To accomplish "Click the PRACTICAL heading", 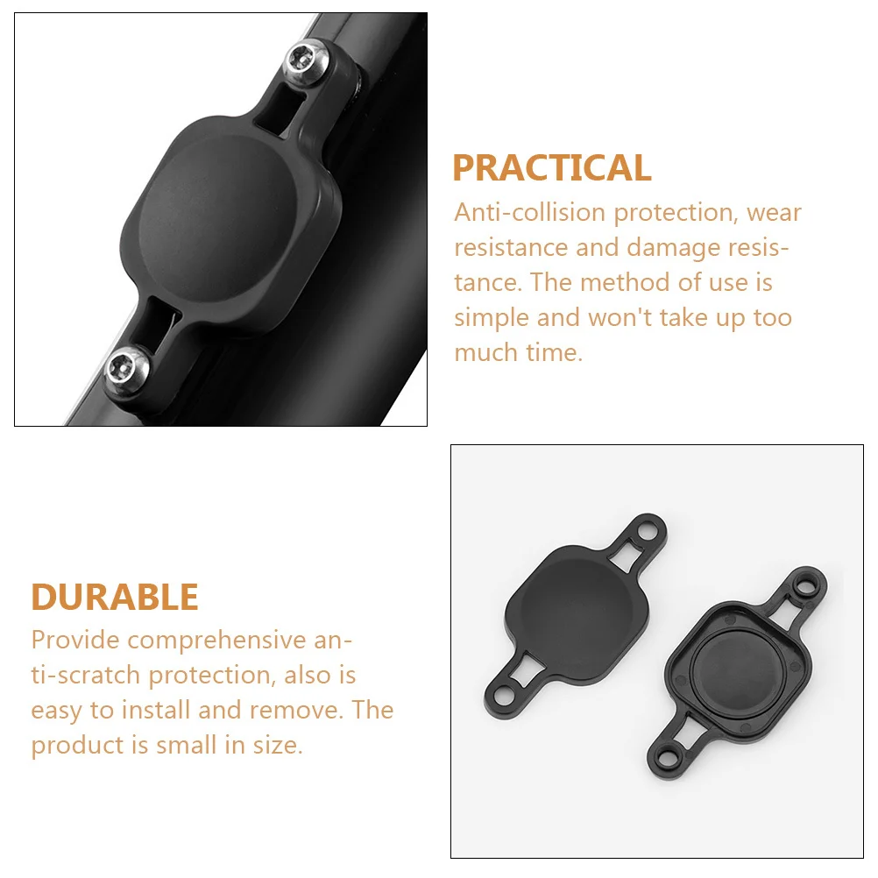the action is [551, 168].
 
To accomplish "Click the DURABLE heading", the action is [115, 597].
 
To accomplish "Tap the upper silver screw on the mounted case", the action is [306, 60].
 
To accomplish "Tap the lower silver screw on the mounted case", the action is [126, 369].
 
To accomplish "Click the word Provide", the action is [75, 640].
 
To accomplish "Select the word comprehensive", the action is [216, 641].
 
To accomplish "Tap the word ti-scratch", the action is [85, 676].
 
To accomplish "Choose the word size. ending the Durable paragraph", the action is [279, 746].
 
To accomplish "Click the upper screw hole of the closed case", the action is [648, 529].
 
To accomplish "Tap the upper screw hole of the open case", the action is [805, 586].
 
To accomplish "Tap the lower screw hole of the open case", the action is [666, 760].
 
